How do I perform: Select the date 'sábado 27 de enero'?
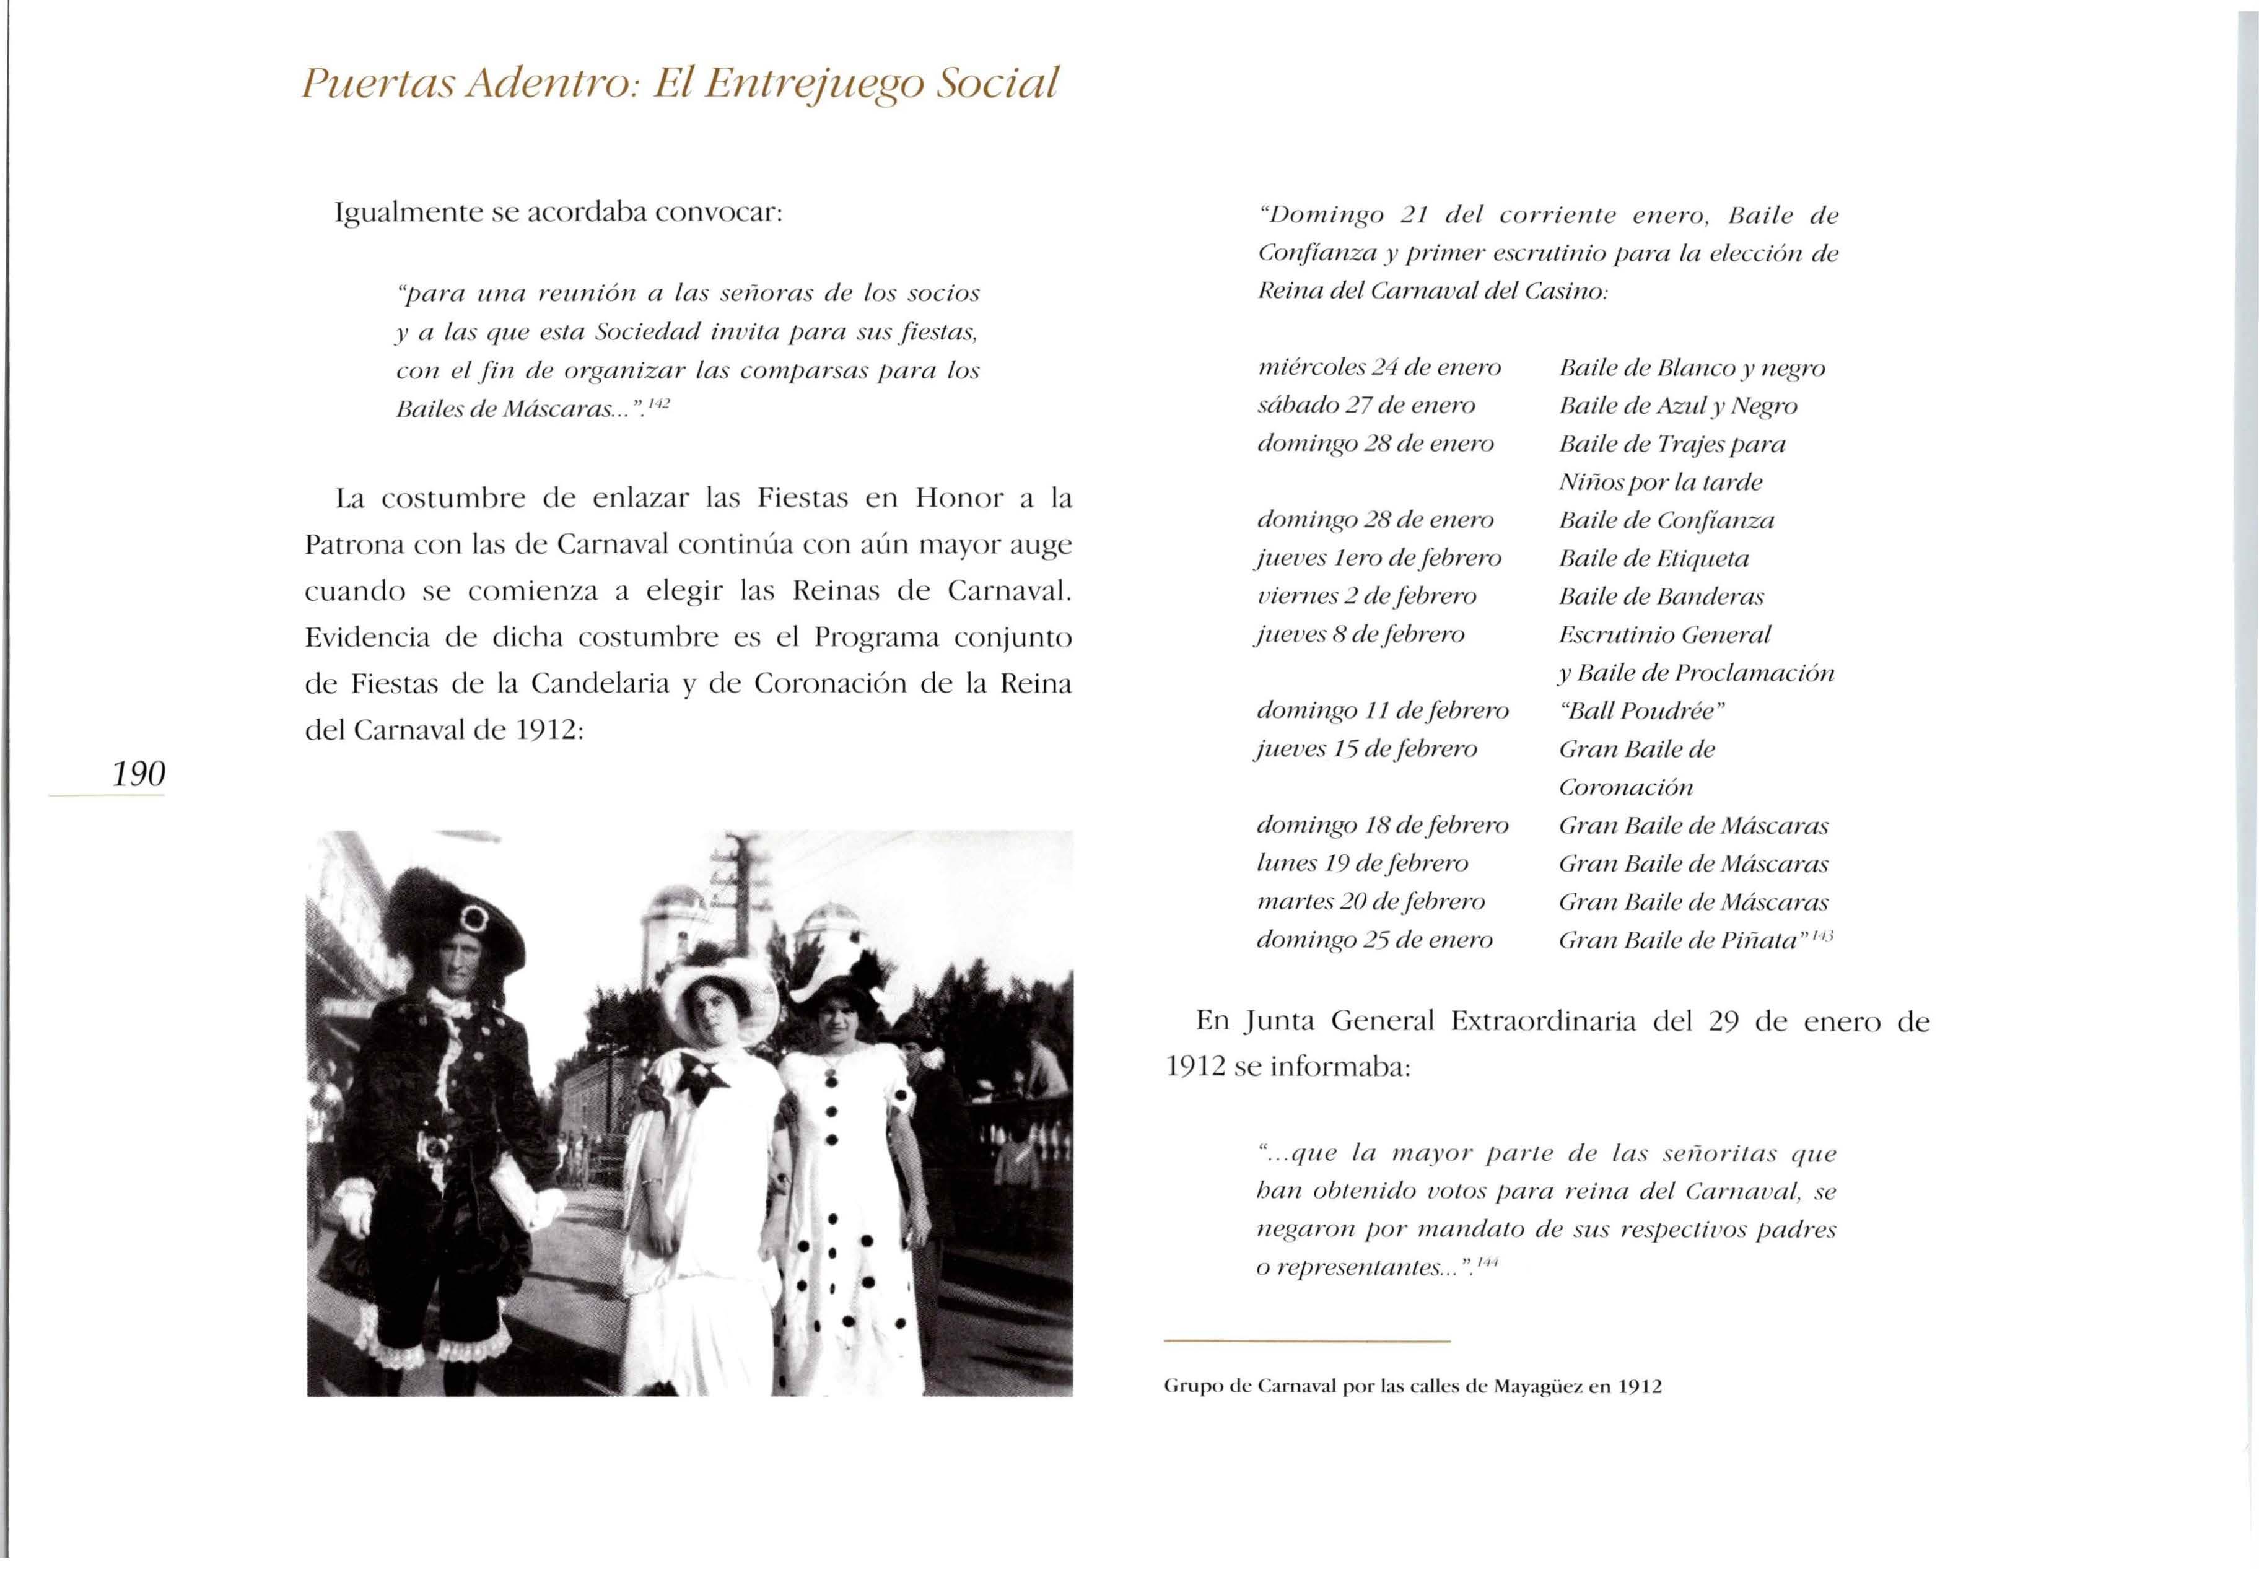pyautogui.click(x=1366, y=406)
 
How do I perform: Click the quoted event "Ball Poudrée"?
pyautogui.click(x=1641, y=710)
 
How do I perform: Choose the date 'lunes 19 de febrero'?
pyautogui.click(x=1363, y=864)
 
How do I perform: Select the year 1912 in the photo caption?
pyautogui.click(x=1639, y=1387)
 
